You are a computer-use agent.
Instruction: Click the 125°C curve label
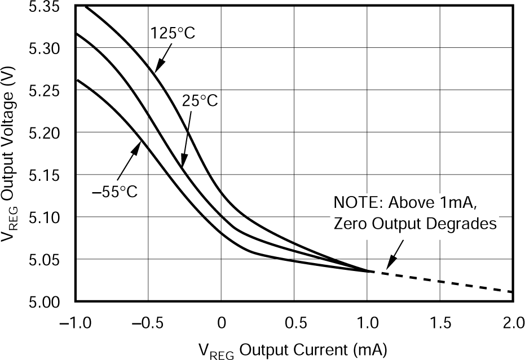173,33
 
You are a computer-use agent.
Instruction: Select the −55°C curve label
115,192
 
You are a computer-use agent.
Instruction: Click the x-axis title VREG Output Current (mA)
293,349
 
